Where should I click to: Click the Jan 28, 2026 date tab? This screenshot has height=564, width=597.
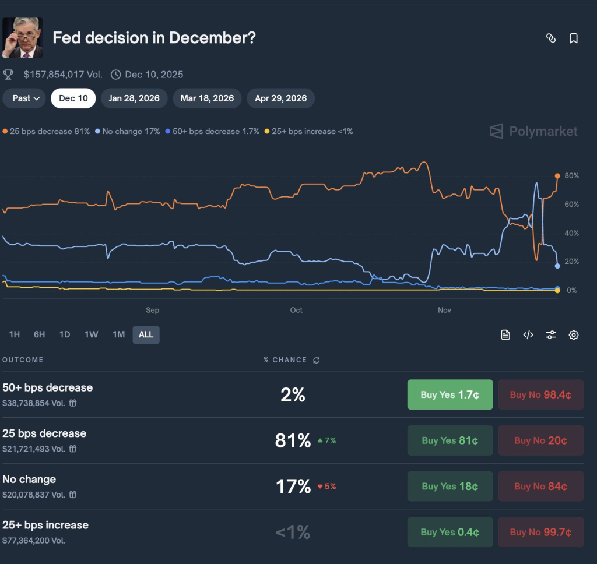tap(134, 98)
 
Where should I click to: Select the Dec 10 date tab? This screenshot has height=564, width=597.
tap(73, 98)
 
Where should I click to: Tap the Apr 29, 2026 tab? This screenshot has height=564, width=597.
tap(280, 98)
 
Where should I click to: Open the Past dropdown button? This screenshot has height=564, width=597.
tap(26, 98)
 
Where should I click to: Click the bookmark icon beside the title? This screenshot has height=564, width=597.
tap(574, 38)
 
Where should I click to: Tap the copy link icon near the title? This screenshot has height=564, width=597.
tap(550, 38)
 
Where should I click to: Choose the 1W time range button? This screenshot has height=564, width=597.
tap(91, 334)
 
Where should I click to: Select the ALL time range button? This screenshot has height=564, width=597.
tap(146, 334)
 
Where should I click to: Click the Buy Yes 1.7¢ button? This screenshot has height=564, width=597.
tap(450, 394)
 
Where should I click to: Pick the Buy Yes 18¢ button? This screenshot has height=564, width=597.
tap(450, 487)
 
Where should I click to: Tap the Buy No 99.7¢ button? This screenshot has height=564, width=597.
tap(540, 532)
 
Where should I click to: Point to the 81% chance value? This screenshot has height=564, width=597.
tap(293, 440)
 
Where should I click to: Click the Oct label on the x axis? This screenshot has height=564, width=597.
tap(296, 310)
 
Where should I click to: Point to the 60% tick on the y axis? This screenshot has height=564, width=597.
tap(571, 205)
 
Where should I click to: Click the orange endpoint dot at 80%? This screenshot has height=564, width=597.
tap(557, 175)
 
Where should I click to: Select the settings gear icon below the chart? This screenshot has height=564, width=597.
tap(574, 334)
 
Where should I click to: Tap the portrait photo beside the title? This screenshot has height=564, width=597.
tap(23, 38)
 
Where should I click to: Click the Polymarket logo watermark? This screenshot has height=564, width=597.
tap(534, 131)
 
